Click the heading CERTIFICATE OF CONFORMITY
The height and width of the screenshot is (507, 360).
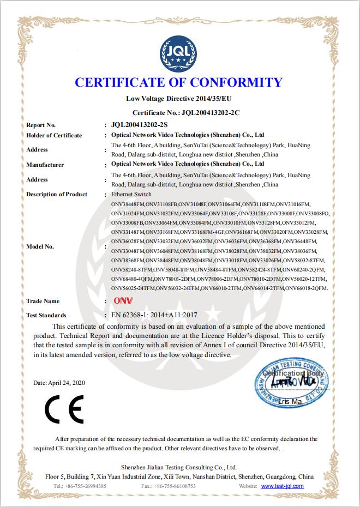click(x=178, y=83)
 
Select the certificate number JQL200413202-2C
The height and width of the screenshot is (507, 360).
click(x=209, y=112)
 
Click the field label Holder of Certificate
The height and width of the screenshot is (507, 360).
click(x=54, y=135)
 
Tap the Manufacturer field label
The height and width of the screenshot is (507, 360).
click(x=45, y=165)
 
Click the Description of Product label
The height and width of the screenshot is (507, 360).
click(x=57, y=194)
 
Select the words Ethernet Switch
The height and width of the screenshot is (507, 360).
click(x=131, y=194)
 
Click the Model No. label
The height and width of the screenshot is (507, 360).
click(x=40, y=246)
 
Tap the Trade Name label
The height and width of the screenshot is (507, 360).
click(x=43, y=301)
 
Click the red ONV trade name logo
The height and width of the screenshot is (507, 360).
click(x=120, y=301)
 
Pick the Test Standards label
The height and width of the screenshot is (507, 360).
click(x=46, y=315)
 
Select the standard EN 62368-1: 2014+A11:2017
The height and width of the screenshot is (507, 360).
click(x=154, y=315)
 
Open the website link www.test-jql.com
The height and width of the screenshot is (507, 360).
click(x=282, y=486)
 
